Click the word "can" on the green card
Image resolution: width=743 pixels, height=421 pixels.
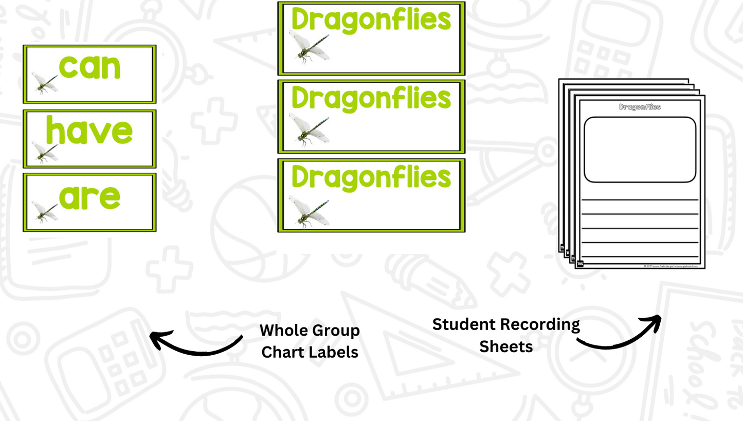tap(90, 67)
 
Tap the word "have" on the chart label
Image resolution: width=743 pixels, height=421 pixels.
tap(89, 131)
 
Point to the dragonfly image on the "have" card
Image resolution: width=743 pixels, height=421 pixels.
tap(45, 152)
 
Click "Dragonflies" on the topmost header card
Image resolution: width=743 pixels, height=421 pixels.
tap(371, 21)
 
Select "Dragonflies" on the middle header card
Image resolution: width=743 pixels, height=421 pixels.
tap(371, 98)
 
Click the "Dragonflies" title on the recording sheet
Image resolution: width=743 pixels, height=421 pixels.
tap(640, 107)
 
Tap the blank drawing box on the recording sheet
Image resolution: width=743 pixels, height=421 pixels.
tap(640, 150)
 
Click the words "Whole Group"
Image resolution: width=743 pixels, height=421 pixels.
tap(310, 330)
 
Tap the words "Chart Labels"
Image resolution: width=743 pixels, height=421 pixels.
tap(310, 353)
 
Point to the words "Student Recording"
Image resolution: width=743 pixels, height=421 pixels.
tap(506, 324)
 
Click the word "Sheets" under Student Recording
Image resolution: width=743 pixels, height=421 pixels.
tap(506, 346)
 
